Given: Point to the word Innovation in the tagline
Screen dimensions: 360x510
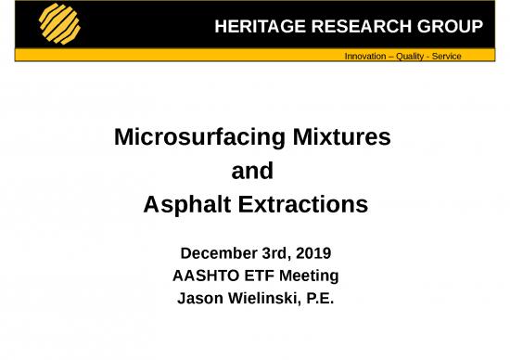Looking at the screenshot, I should (x=364, y=57).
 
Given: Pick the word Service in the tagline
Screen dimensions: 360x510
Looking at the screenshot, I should (x=446, y=57).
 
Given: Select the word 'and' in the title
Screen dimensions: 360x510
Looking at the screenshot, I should (x=251, y=172).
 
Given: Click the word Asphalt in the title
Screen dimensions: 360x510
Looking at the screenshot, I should (x=185, y=205).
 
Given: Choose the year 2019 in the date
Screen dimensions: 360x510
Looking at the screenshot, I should (x=313, y=252).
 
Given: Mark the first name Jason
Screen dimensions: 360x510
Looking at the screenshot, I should (x=199, y=299).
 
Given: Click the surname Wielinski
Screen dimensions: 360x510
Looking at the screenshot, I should (x=262, y=299).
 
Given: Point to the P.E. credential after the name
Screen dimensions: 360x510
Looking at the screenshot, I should (x=318, y=299).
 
